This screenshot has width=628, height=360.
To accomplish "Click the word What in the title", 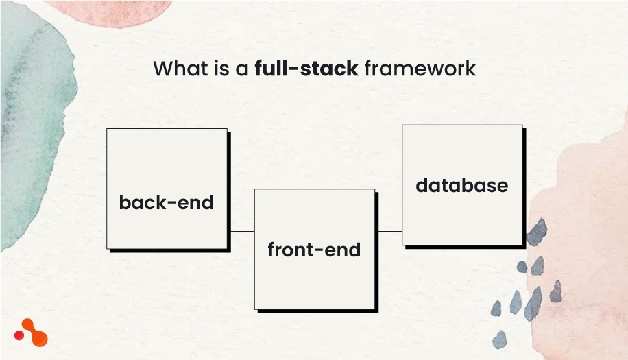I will coord(177,69).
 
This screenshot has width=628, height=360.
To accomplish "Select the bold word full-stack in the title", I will coord(306,69).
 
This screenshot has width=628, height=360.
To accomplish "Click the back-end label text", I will coord(166,203).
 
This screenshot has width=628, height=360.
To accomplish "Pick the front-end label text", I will coord(314,250).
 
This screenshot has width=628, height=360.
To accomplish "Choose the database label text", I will coord(461,185).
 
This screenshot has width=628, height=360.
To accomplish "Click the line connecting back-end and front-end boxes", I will coord(241,232).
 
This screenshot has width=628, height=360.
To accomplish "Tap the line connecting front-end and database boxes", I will coord(389,232).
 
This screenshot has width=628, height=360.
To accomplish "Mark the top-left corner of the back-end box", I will coord(107,129).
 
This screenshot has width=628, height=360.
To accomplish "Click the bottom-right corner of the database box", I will coord(522,245).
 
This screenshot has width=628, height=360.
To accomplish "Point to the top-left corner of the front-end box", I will coord(255,190).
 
